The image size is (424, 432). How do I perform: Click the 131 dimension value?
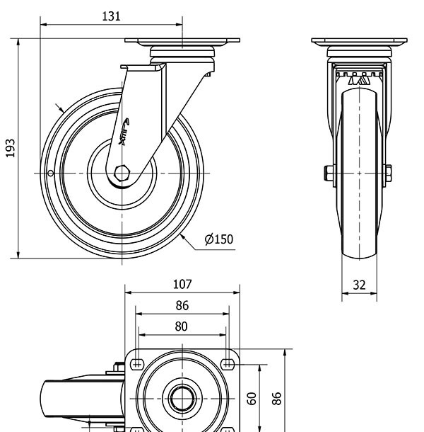point(111,16)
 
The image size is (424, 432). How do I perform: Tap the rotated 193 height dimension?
point(11,148)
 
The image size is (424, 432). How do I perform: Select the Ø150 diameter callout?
point(218,239)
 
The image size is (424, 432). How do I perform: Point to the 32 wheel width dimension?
point(359,285)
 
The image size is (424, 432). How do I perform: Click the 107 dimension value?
point(182,284)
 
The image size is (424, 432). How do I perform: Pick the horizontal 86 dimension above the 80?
point(182,305)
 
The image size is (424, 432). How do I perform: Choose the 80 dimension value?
point(181,326)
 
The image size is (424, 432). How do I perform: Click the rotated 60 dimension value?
point(252,398)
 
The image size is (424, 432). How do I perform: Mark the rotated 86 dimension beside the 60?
point(278,398)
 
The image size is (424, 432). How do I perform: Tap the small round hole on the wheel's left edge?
point(50,174)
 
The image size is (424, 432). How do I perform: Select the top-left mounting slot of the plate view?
point(137,364)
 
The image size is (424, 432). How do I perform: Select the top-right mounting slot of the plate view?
point(227,364)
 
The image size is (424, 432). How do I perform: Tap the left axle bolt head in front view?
point(329,173)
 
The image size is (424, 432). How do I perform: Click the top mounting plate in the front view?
point(359,41)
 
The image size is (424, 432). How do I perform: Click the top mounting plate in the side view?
point(182,41)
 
